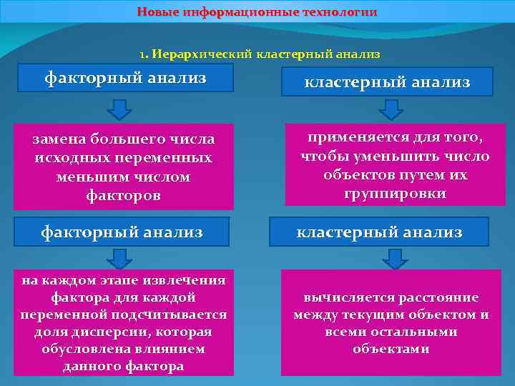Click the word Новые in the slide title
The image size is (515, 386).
(x=160, y=13)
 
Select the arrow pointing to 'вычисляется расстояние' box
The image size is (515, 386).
(x=390, y=259)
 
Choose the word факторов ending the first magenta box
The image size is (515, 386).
(x=123, y=194)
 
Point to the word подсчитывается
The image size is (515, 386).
(x=178, y=315)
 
